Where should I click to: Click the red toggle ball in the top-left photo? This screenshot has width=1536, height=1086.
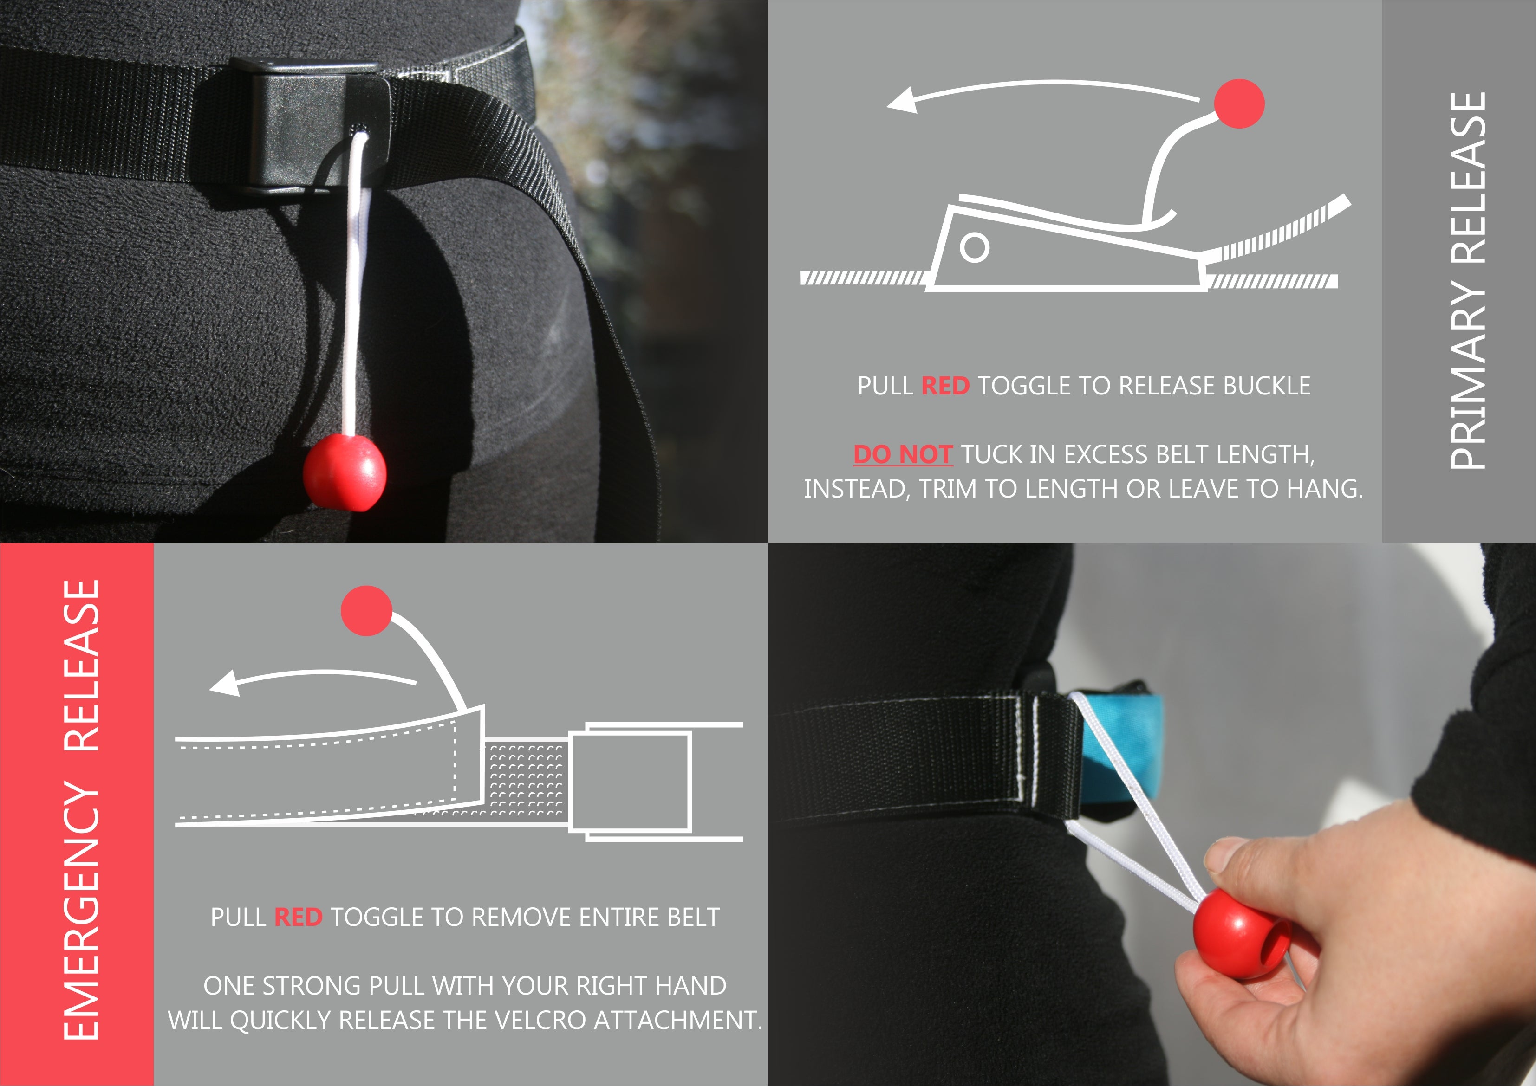(x=345, y=472)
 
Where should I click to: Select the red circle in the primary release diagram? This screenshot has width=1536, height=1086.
(x=1239, y=103)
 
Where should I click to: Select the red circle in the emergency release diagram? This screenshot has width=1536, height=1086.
(x=366, y=611)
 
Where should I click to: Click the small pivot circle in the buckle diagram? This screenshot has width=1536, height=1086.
(x=974, y=247)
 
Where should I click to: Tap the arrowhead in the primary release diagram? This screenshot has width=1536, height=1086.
(x=902, y=101)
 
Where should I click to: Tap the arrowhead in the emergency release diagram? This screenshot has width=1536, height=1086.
(x=225, y=684)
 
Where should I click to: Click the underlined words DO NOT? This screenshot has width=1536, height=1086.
(x=903, y=455)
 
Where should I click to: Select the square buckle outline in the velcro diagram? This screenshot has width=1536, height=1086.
(x=630, y=782)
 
